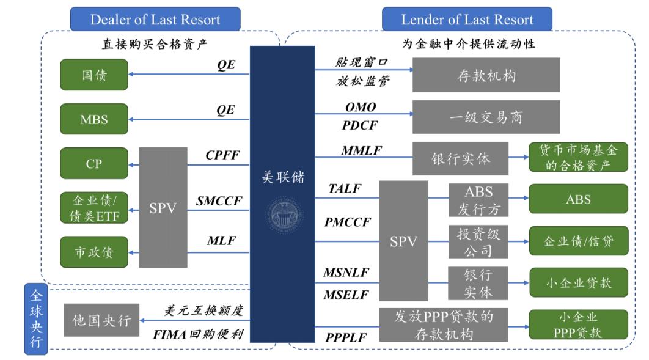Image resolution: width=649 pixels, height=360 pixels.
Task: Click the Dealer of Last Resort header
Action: coord(155,19)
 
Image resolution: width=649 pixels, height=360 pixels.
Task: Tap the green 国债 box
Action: coord(94,75)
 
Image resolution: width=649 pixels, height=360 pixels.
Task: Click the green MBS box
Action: coord(94,119)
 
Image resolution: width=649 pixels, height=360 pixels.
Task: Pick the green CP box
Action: coord(94,163)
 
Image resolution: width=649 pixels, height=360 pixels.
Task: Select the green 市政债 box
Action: coord(94,252)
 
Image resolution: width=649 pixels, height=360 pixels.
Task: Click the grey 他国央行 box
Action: coord(101,320)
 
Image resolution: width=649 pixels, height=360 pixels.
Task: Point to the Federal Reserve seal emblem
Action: coord(284,215)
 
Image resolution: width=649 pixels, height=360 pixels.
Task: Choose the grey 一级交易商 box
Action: coord(486,117)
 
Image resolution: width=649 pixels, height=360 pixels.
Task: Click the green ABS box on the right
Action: coord(577,199)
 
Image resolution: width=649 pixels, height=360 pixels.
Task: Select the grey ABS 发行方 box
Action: coord(478,199)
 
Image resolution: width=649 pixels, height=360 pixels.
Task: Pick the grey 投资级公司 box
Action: coord(478,241)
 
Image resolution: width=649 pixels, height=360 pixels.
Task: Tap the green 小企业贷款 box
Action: coord(577,282)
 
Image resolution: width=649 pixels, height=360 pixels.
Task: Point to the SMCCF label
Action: coord(219,200)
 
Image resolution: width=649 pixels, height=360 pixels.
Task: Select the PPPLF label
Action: coord(346,336)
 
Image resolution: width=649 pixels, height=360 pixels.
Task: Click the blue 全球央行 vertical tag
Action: coord(36,318)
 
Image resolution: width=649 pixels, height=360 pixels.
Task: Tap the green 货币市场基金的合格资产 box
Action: coord(577,158)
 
